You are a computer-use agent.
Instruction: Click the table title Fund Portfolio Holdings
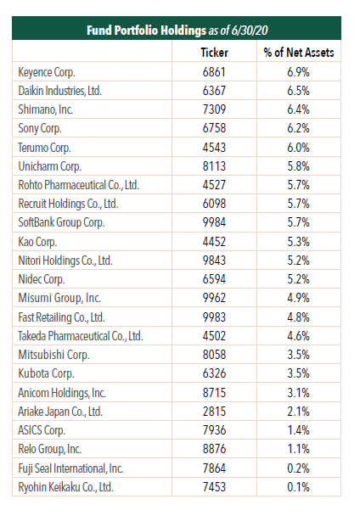pos(146,31)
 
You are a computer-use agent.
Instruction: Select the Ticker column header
pos(214,53)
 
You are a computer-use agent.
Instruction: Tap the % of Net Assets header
pos(299,53)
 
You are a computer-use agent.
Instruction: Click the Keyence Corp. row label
pos(47,72)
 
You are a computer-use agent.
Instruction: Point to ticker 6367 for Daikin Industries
pos(214,91)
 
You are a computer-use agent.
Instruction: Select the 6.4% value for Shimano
pos(298,109)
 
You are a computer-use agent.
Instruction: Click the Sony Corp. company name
pos(40,128)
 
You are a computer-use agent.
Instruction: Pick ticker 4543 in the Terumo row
pos(214,147)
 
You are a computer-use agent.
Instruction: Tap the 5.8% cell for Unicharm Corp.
pos(298,166)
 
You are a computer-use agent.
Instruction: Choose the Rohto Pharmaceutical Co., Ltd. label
pos(79,185)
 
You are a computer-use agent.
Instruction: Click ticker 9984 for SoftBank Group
pos(214,222)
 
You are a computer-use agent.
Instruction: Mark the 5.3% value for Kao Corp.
pos(298,242)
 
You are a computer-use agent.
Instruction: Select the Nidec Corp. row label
pos(42,279)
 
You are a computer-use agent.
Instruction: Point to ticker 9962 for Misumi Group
pos(214,298)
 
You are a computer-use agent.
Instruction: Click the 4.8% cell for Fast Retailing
pos(298,317)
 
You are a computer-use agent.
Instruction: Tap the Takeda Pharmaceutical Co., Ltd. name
pos(81,336)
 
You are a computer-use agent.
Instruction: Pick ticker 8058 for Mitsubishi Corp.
pos(214,355)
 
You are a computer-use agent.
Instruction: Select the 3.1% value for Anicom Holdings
pos(298,393)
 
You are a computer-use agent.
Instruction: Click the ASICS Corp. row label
pos(42,430)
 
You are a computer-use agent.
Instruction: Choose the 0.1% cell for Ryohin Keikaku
pos(298,486)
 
